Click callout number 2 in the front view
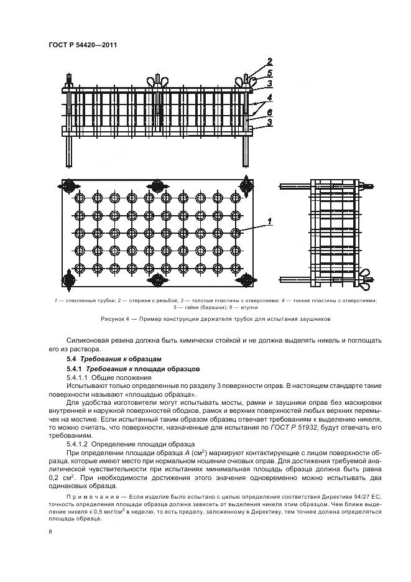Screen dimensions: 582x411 pos(270,61)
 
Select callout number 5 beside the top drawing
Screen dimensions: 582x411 pos(270,72)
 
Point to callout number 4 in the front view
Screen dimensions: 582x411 pos(269,98)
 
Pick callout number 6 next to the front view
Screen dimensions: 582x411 pos(269,111)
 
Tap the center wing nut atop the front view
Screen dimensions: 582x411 pos(154,82)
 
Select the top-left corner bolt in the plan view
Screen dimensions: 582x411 pos(68,186)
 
